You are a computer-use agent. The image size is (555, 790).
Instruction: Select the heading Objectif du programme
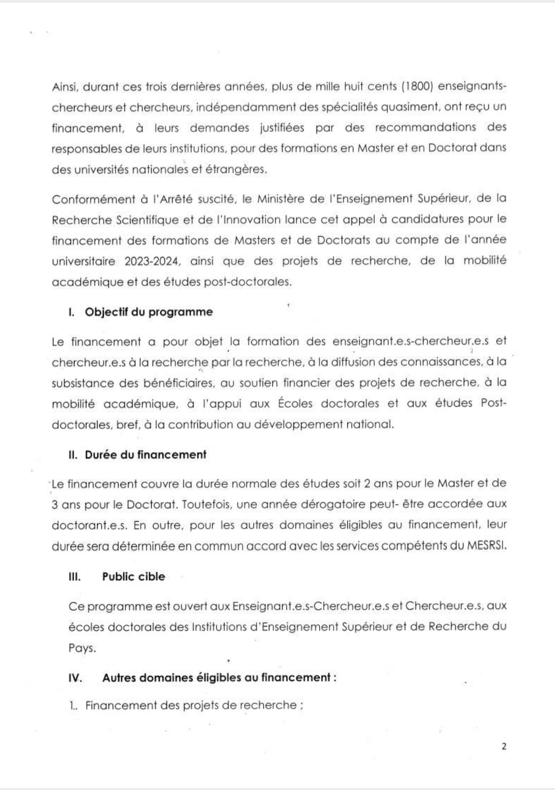(x=149, y=312)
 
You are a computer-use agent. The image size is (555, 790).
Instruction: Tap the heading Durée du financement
(x=145, y=455)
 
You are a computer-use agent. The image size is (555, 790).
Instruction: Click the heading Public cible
(x=134, y=577)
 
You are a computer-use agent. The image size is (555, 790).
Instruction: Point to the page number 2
(x=504, y=746)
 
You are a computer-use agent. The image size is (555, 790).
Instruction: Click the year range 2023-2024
(x=152, y=261)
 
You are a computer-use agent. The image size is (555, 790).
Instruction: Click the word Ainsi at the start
(x=65, y=86)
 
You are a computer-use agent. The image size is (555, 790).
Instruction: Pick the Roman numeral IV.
(x=75, y=678)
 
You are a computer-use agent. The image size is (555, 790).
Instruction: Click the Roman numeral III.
(x=75, y=577)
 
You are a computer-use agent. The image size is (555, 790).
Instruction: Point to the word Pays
(x=82, y=648)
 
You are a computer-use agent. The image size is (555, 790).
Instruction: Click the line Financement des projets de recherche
(x=191, y=706)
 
